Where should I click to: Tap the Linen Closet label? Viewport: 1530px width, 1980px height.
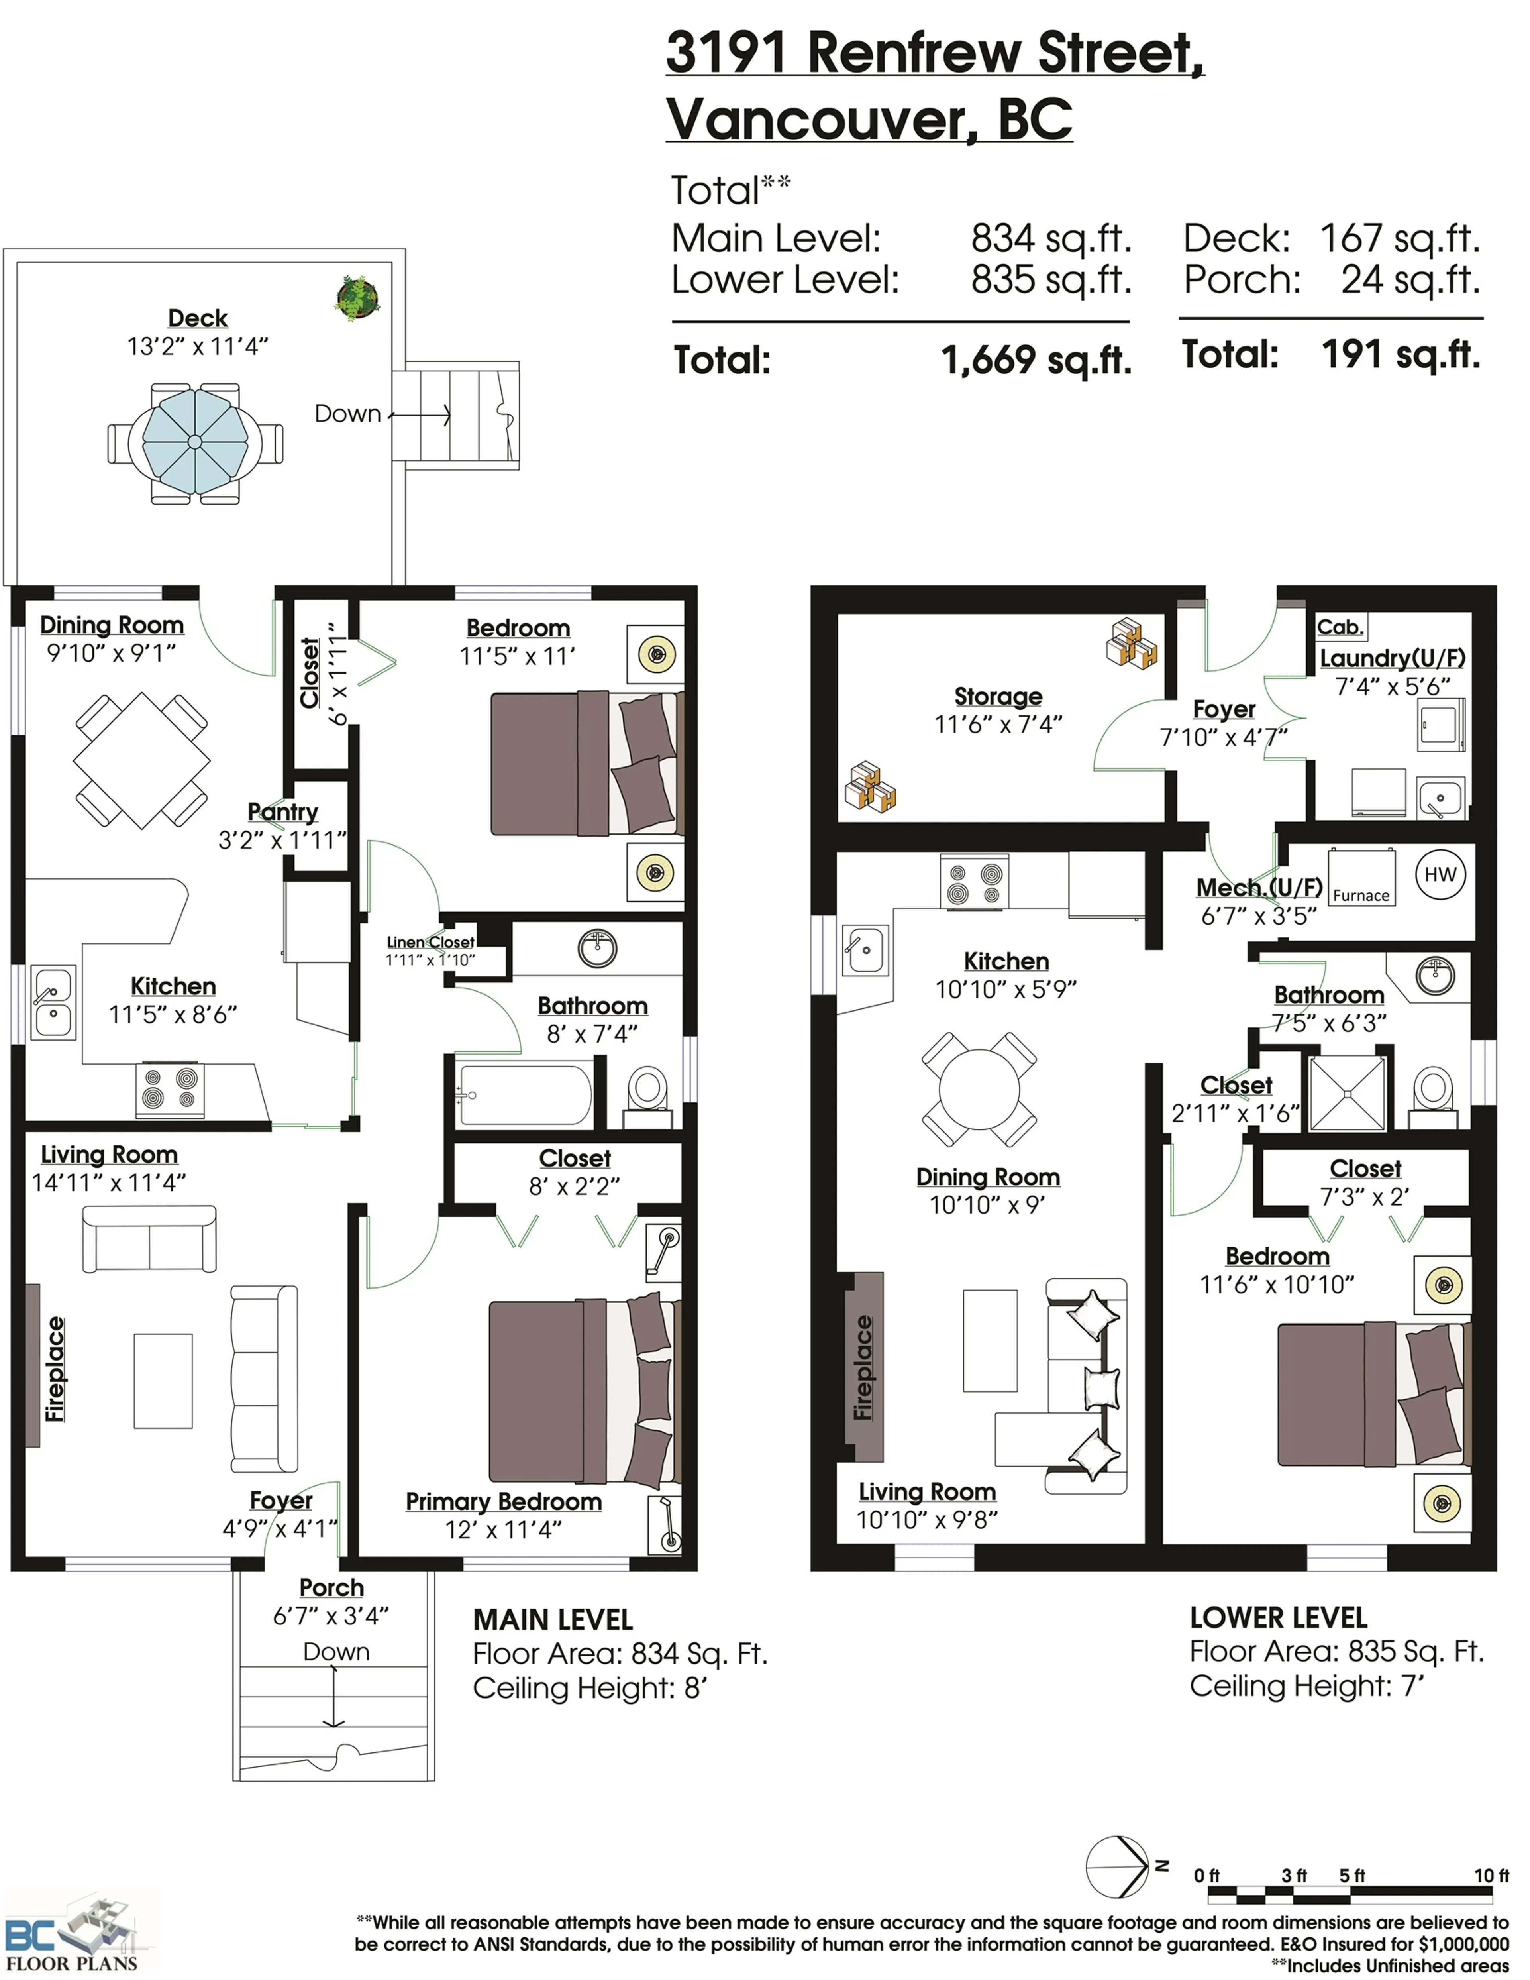point(431,942)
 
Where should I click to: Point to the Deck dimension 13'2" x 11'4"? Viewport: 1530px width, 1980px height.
point(198,346)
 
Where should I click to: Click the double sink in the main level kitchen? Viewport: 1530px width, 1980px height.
point(53,1001)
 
